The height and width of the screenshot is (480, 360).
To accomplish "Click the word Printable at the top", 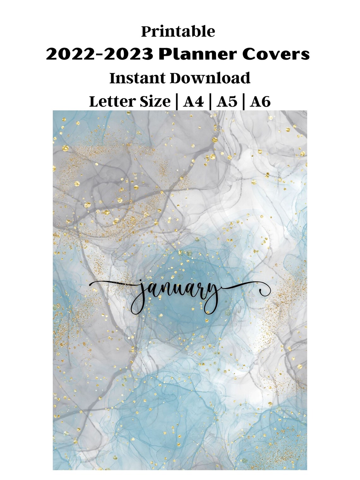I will coord(178,32).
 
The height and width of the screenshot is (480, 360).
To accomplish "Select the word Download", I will coord(210,78).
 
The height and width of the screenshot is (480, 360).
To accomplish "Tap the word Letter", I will coord(112,102).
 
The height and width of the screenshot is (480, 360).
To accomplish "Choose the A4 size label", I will coord(193,102).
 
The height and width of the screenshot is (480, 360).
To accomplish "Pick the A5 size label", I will coord(226,102).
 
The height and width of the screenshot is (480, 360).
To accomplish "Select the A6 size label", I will coord(260,102).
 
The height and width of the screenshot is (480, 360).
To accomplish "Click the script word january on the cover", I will coord(177,294).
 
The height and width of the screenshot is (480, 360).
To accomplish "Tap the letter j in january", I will coord(138,295).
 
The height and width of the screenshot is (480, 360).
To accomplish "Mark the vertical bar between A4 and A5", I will coord(210,102).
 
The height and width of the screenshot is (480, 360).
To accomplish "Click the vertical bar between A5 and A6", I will coord(243,102).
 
